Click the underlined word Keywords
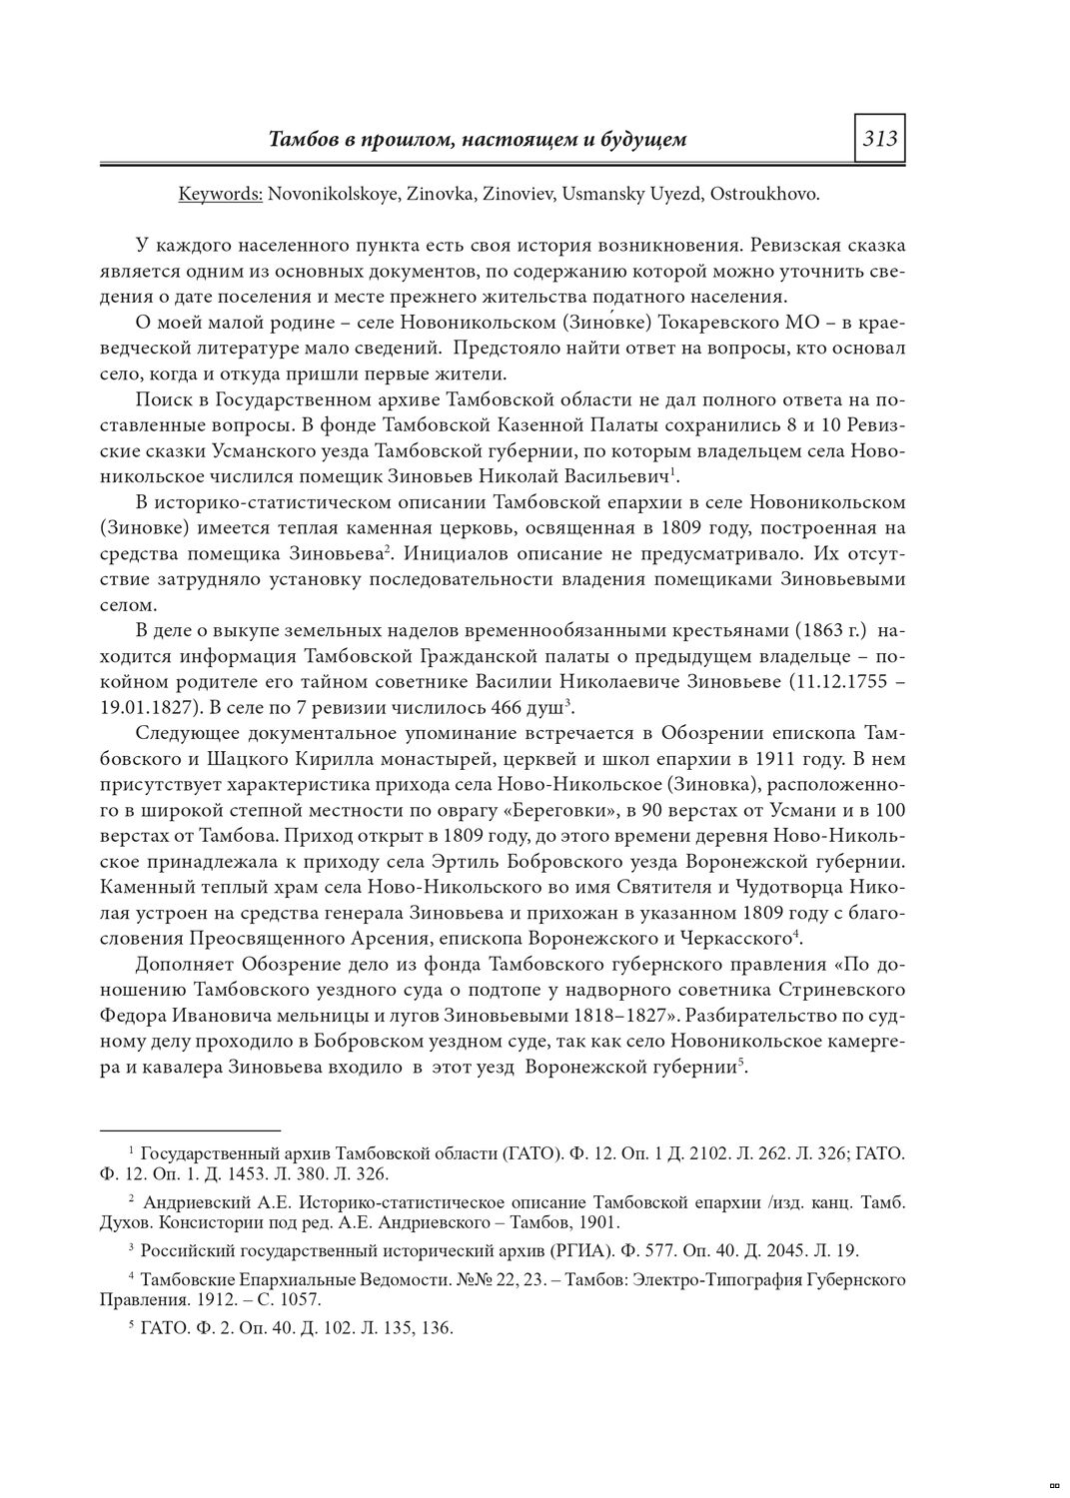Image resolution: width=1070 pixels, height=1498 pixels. coord(220,194)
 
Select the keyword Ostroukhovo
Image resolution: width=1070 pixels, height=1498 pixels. coord(763,194)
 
